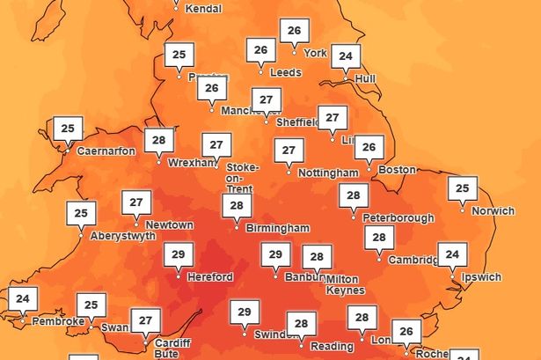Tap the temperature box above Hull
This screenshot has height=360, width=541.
click(346, 56)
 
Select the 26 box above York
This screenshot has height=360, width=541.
click(294, 31)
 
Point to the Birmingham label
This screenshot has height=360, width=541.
click(278, 228)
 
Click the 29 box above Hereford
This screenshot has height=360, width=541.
click(179, 254)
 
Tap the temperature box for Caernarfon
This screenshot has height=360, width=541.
click(68, 129)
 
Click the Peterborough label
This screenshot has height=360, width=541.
click(398, 217)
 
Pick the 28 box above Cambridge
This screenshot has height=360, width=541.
click(379, 237)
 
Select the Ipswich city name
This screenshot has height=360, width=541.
click(482, 276)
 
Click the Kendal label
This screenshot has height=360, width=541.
click(205, 9)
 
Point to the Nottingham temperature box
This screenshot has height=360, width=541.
click(289, 151)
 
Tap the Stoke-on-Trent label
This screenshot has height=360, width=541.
click(243, 178)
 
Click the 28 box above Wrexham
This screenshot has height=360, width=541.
click(158, 140)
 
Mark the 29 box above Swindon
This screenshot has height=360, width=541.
click(245, 312)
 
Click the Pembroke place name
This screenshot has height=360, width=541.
click(58, 321)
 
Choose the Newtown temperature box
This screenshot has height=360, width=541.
click(135, 202)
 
